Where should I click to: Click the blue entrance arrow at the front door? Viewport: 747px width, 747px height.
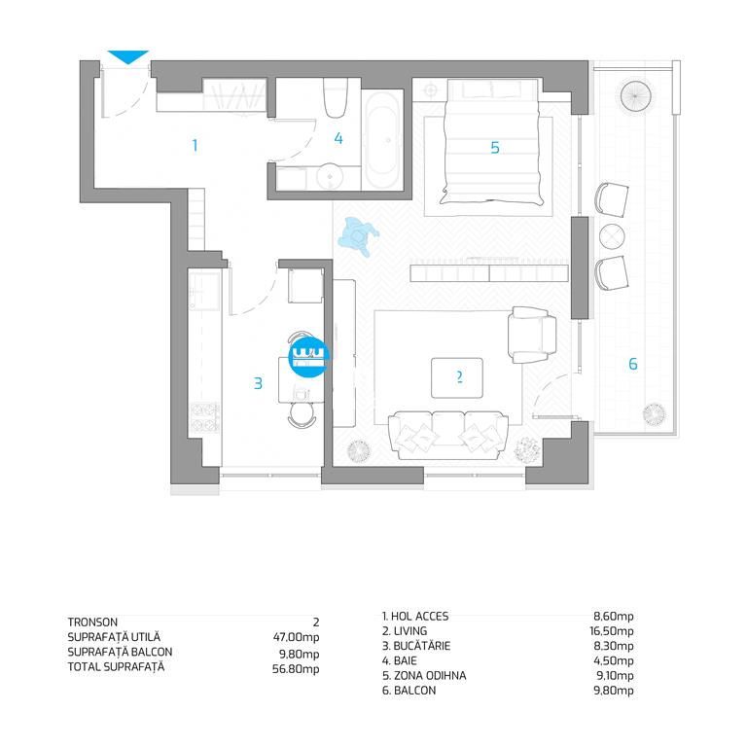pos(128,56)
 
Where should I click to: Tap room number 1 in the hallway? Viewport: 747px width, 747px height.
pos(195,145)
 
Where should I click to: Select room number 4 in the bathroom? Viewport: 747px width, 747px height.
pos(338,138)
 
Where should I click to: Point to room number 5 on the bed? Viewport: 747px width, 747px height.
pos(495,148)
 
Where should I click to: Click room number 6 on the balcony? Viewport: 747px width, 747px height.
pos(632,364)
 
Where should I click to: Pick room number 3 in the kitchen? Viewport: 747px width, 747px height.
pos(258,383)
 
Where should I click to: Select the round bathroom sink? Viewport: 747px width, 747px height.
pos(330,176)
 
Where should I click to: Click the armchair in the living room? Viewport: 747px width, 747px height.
pos(532,335)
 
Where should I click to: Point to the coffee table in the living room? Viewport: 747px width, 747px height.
pos(457,377)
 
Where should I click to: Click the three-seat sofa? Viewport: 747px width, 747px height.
pos(447,435)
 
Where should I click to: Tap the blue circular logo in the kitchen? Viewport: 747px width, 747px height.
pos(308,358)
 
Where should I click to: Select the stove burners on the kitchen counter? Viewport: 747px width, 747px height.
pos(205,417)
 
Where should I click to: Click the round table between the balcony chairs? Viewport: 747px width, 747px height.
pos(612,236)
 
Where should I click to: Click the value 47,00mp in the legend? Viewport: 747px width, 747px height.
pos(296,637)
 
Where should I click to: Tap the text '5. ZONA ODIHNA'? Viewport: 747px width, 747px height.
pos(424,676)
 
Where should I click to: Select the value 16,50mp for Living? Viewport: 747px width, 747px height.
pos(611,631)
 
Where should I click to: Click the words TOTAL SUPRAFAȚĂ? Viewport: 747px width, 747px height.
pos(116,666)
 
